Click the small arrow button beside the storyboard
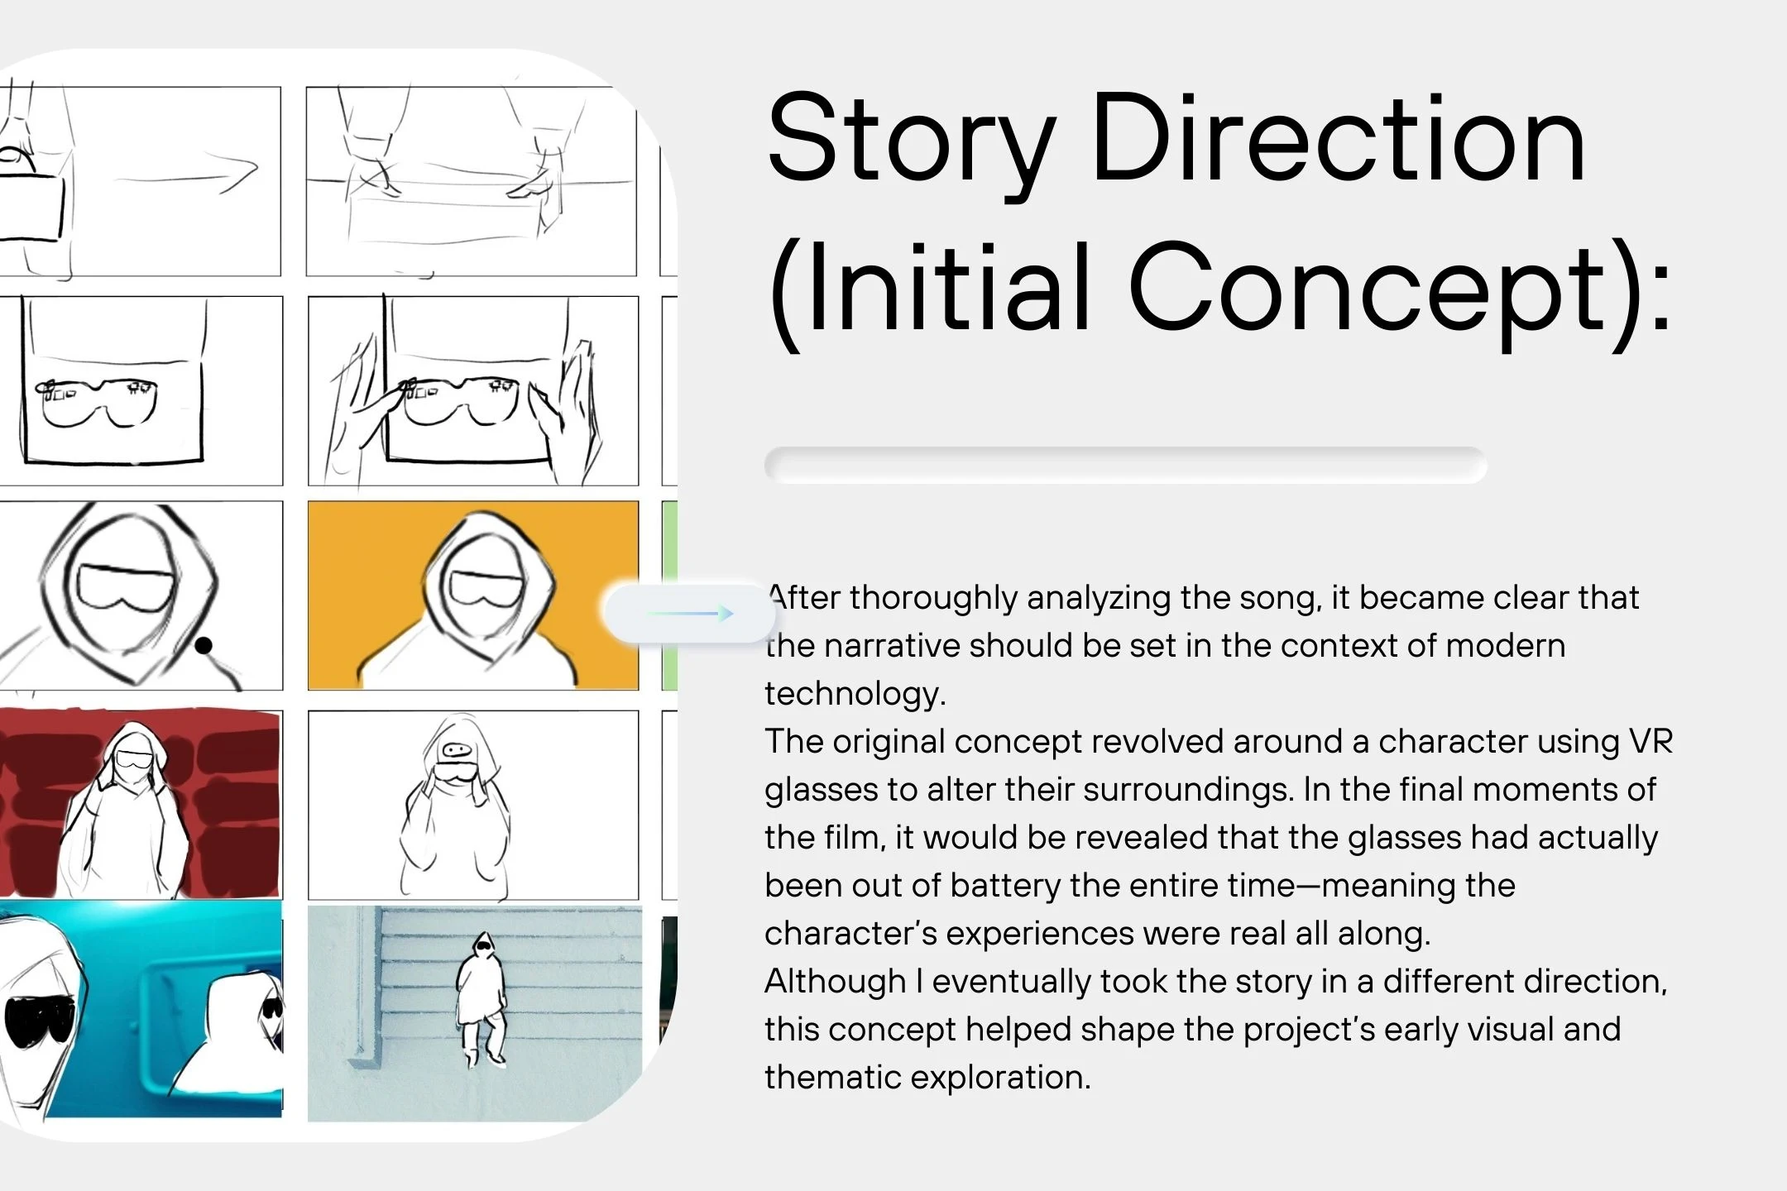pos(689,613)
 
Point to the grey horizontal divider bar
pos(1125,465)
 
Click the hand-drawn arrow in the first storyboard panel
pos(186,175)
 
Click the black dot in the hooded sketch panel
pos(203,645)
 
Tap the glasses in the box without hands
pos(98,402)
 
